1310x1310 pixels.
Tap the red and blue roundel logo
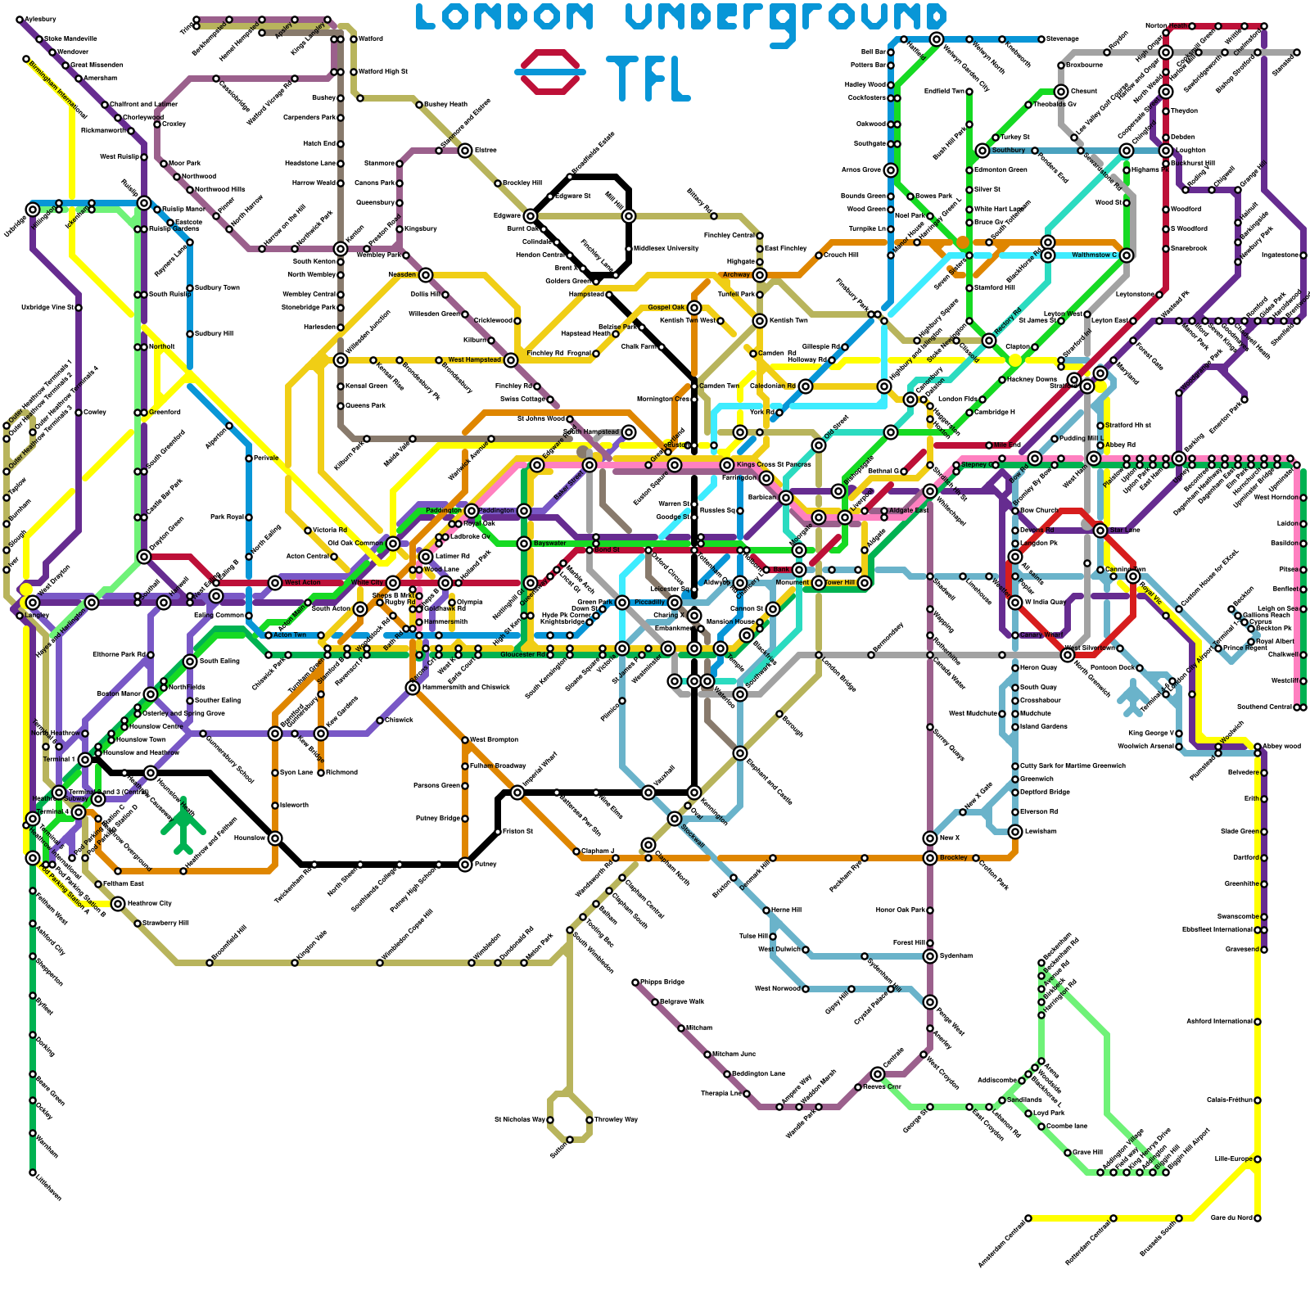pyautogui.click(x=550, y=72)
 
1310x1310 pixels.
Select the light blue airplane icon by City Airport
pyautogui.click(x=1133, y=696)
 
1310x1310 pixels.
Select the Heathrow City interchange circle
pyautogui.click(x=118, y=904)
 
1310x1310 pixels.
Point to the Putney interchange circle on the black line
pyautogui.click(x=465, y=865)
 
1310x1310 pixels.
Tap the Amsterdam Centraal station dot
pyautogui.click(x=1028, y=1218)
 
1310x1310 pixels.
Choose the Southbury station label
pyautogui.click(x=1009, y=151)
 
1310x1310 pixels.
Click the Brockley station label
pyautogui.click(x=954, y=857)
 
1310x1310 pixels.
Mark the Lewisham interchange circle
pyautogui.click(x=1015, y=832)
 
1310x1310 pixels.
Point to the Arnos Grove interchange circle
pyautogui.click(x=891, y=170)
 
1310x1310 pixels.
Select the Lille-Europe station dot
pyautogui.click(x=1258, y=1159)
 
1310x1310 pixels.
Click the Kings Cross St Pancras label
pyautogui.click(x=774, y=464)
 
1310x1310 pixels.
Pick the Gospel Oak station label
pyautogui.click(x=666, y=307)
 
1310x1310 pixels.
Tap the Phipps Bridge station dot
pyautogui.click(x=635, y=982)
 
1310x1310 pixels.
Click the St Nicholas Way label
pyautogui.click(x=519, y=1119)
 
